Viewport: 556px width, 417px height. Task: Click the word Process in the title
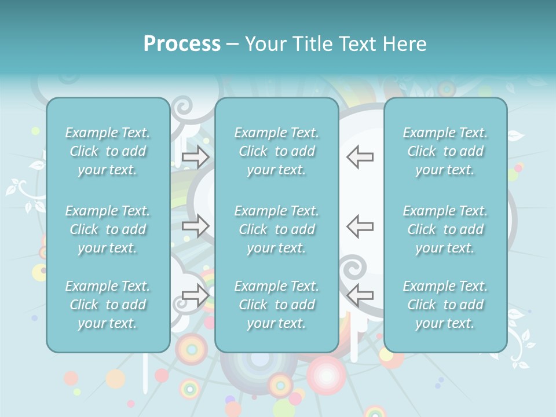coord(182,44)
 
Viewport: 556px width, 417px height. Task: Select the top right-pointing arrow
coord(196,156)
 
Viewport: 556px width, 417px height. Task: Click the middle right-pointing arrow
coord(196,226)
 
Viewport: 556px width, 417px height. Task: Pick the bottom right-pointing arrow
coord(196,295)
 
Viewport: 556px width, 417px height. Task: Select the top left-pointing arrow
coord(360,156)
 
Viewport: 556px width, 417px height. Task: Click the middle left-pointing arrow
coord(360,226)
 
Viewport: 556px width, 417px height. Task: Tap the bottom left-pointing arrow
coord(360,295)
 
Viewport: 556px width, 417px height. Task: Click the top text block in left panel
coord(108,151)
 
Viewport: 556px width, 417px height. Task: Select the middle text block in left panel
coord(108,229)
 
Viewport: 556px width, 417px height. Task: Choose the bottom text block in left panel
coord(108,305)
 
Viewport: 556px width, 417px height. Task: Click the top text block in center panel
coord(277,151)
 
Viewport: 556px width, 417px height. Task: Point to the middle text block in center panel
coord(277,229)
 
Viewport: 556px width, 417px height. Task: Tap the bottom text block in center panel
coord(277,305)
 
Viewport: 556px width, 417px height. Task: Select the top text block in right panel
coord(445,151)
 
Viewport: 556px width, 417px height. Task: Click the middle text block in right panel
coord(445,229)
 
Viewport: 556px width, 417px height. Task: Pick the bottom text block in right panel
coord(445,305)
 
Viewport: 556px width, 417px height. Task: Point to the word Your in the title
coord(265,44)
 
